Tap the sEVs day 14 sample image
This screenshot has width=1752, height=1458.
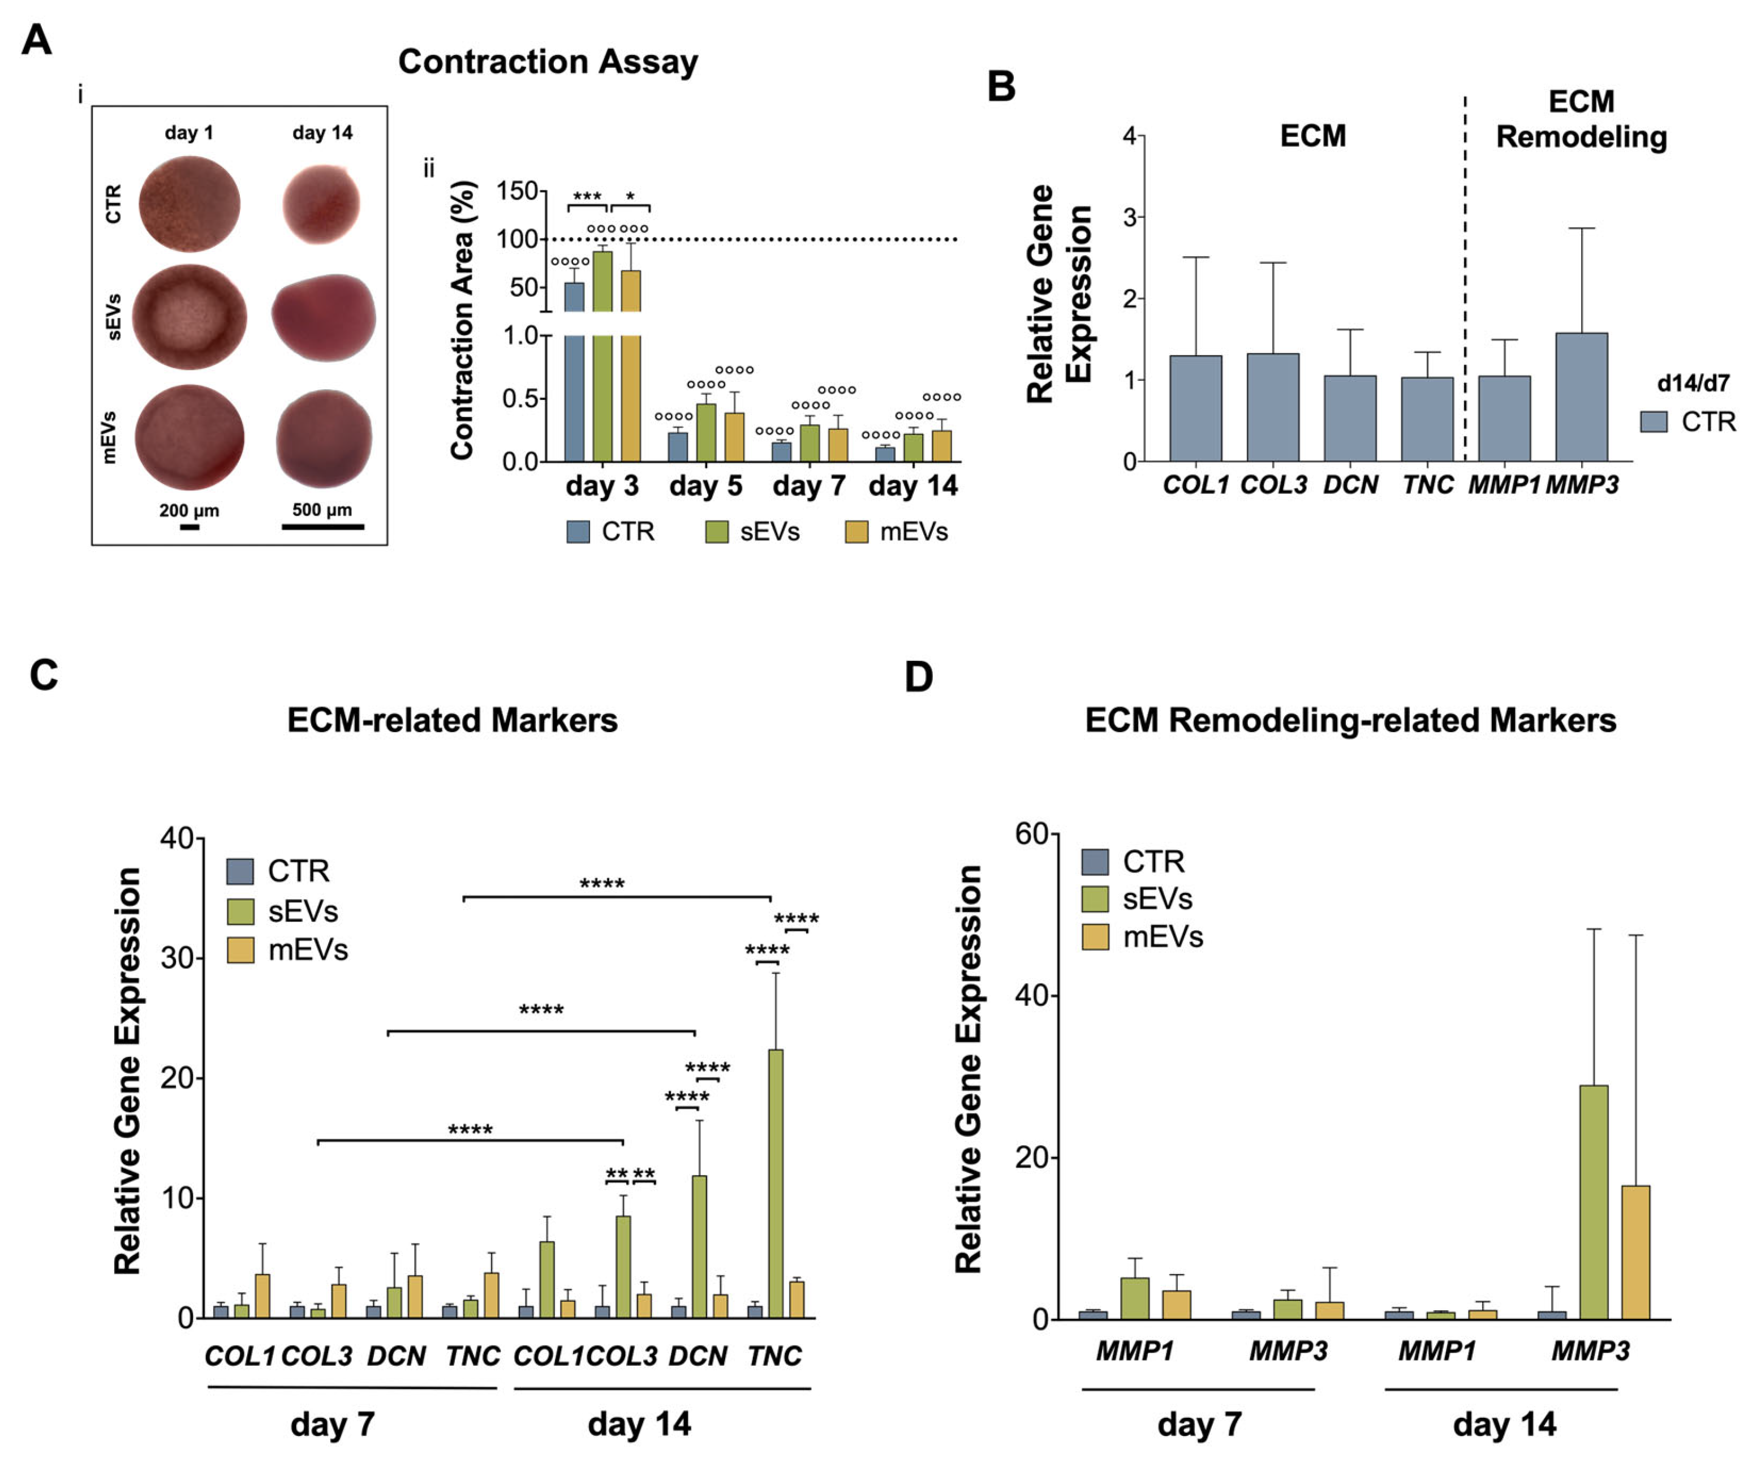(x=323, y=318)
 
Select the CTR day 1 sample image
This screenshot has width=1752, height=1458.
(x=190, y=204)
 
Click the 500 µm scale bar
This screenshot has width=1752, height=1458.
(x=323, y=527)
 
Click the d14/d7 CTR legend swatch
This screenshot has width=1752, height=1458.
(x=1654, y=422)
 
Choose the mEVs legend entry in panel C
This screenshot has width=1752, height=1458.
(x=288, y=950)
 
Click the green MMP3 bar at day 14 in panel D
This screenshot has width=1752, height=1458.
(x=1594, y=1202)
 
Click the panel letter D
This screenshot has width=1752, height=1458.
(x=919, y=676)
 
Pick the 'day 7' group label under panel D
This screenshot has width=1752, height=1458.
(x=1199, y=1425)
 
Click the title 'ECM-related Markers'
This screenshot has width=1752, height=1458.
(x=452, y=720)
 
